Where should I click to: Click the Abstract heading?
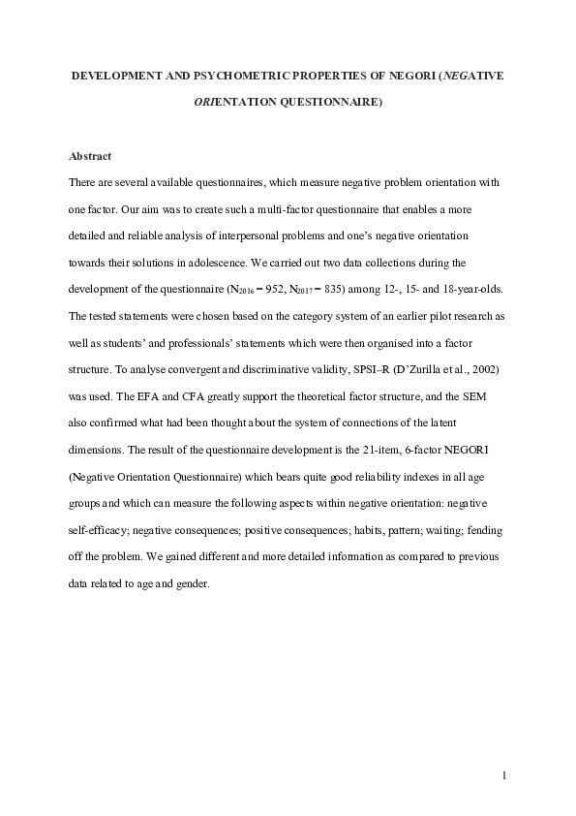(90, 155)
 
